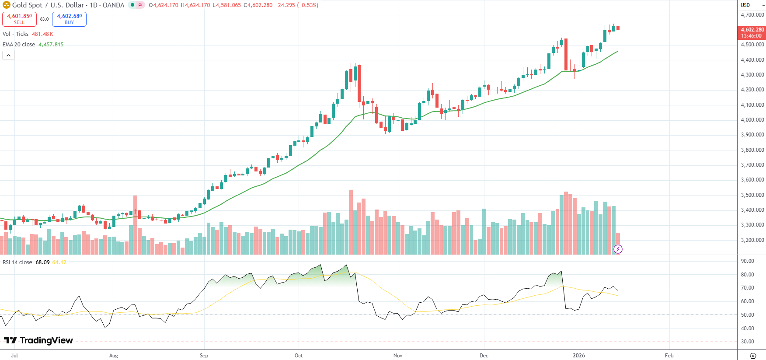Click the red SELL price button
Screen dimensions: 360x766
19,19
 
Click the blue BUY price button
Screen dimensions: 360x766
69,19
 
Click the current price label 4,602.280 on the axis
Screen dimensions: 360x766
752,30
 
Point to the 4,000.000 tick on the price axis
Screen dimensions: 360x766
752,120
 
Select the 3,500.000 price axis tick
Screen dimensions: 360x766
752,195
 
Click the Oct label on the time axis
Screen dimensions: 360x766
299,356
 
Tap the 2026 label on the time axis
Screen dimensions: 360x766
578,356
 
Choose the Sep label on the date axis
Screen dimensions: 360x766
204,356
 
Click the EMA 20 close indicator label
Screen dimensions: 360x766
19,45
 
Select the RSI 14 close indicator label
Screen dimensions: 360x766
17,262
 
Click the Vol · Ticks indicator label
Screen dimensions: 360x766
16,34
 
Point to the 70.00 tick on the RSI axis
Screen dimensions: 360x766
747,288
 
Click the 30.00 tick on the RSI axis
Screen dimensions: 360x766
747,342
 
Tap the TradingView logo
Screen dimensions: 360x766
38,340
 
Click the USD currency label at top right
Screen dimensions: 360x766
745,5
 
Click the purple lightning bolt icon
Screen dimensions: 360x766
618,249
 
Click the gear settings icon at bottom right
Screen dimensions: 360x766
752,356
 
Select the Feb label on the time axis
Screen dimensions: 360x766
669,356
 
